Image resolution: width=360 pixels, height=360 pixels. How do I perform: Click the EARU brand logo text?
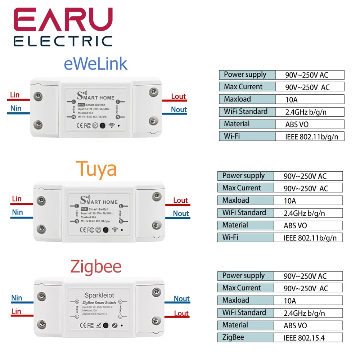(x=63, y=21)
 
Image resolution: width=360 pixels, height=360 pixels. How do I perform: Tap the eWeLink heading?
(x=95, y=64)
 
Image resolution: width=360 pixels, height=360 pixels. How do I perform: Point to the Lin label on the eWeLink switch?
(x=15, y=95)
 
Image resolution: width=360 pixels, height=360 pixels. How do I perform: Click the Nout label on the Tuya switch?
(x=181, y=213)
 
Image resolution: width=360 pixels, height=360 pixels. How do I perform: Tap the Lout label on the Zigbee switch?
(x=181, y=313)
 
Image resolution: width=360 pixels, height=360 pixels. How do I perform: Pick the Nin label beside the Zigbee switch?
(x=17, y=298)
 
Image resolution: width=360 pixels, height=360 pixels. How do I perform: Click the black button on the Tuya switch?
(x=106, y=230)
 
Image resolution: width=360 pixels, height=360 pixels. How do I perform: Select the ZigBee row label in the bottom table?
(x=233, y=337)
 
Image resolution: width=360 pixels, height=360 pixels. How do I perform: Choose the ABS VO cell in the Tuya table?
(x=296, y=225)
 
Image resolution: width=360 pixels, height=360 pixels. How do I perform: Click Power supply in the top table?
(x=245, y=75)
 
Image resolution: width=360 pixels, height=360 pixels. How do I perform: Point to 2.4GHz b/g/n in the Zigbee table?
(x=304, y=313)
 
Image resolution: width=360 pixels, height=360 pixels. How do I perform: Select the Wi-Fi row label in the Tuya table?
(x=230, y=237)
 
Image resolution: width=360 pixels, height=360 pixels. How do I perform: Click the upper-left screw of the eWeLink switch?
(x=37, y=95)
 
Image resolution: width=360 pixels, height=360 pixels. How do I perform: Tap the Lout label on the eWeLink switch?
(x=179, y=96)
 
